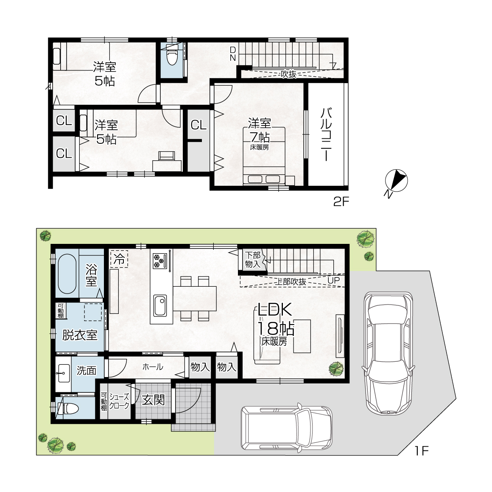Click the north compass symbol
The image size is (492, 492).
tap(396, 182)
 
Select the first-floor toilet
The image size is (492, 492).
tap(68, 408)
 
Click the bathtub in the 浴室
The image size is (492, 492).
tap(67, 273)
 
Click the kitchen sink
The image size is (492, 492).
tap(160, 306)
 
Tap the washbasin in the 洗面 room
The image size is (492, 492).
tap(63, 373)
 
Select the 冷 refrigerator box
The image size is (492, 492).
tap(119, 259)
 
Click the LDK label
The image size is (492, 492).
tap(275, 310)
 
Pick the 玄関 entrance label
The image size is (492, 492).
tap(153, 400)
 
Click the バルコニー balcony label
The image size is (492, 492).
tap(326, 134)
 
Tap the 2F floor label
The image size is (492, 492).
tap(341, 201)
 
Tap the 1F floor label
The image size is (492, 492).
tap(422, 451)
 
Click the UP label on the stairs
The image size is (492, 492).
tap(333, 280)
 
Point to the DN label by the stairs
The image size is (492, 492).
tap(233, 54)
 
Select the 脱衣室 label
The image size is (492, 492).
tap(80, 335)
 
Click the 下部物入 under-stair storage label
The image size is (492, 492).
tap(253, 260)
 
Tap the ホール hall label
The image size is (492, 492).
tap(153, 366)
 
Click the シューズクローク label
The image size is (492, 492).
tap(119, 401)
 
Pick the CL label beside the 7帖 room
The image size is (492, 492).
tap(198, 125)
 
